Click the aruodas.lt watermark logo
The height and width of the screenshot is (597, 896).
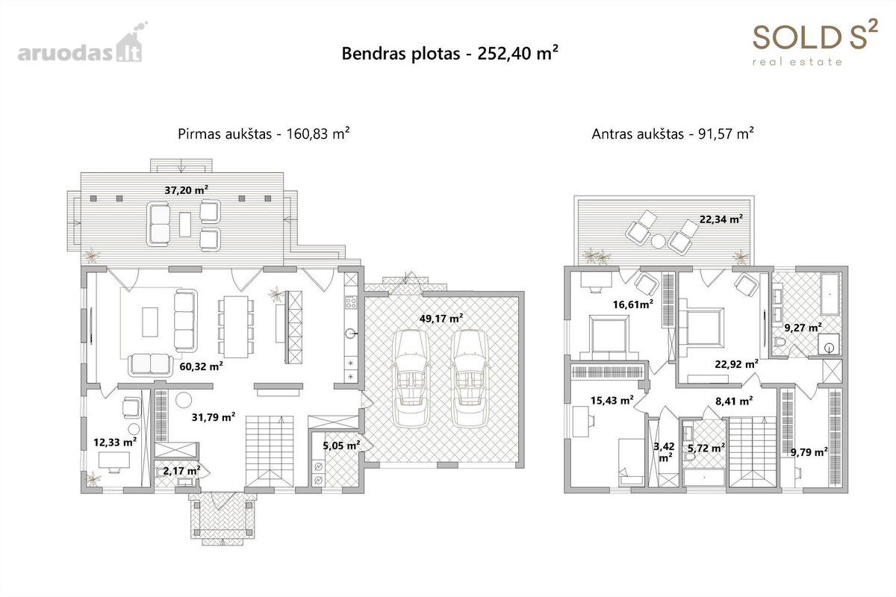(x=82, y=43)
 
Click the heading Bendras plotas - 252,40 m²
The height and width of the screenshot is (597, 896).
(x=449, y=54)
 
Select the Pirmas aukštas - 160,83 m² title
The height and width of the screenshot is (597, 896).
(x=264, y=134)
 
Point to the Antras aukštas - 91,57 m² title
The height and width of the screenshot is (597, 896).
(x=673, y=134)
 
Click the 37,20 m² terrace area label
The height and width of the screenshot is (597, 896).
(x=187, y=190)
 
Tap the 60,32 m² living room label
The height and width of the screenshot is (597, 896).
(x=201, y=366)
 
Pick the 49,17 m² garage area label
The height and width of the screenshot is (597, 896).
(x=441, y=319)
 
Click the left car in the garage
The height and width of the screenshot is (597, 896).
(x=411, y=378)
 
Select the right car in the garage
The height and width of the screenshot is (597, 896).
(x=469, y=378)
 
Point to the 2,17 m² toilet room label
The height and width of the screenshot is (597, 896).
(x=181, y=471)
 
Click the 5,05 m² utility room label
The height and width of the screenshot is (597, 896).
(x=342, y=446)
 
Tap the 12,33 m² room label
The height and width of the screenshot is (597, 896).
(x=115, y=443)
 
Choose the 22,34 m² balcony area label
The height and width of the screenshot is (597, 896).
(x=721, y=219)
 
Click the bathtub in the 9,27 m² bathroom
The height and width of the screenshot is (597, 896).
(x=830, y=294)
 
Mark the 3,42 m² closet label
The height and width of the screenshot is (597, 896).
(x=664, y=451)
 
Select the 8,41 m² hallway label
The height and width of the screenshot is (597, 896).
(x=734, y=401)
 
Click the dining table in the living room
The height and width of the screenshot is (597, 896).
(x=236, y=327)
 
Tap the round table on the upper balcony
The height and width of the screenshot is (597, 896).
(x=658, y=241)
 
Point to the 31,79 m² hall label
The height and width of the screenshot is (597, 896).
(x=214, y=417)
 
